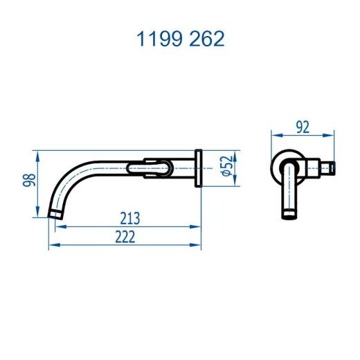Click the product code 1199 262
coord(180,39)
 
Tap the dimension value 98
coord(29,180)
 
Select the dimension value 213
coord(130,218)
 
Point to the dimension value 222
coord(125,237)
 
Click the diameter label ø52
coord(227,166)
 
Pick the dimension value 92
coord(303,127)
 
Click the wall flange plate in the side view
coord(199,168)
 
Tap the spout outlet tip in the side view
coord(55,215)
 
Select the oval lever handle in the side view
coord(150,168)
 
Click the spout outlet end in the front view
coord(289,215)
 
